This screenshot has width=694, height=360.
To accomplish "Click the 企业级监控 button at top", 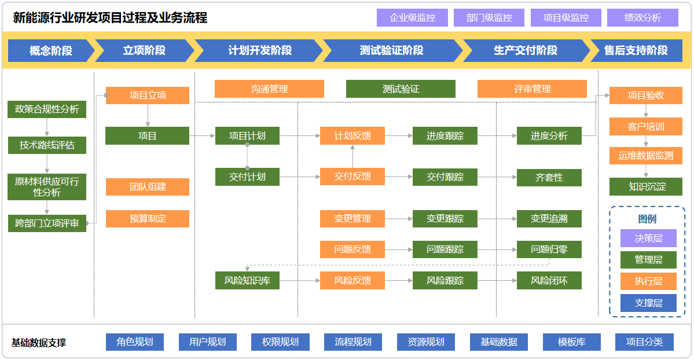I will point(412,18).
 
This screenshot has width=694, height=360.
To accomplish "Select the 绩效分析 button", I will point(642,18).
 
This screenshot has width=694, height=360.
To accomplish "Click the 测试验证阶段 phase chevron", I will point(391,50).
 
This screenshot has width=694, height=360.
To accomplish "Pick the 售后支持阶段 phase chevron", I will point(636,50).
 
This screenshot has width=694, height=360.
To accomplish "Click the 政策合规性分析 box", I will point(47,109).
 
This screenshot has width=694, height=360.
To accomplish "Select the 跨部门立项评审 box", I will point(47,223).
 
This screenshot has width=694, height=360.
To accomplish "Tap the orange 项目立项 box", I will point(148,95).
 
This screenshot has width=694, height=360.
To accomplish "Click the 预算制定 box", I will point(148,219).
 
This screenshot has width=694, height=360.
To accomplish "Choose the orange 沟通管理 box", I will point(269,89).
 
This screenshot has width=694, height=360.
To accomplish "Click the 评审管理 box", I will point(532,89).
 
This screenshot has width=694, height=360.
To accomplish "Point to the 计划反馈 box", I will point(352,136).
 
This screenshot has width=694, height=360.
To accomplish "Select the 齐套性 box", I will point(549,177).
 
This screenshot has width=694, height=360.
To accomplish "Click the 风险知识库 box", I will point(247,281).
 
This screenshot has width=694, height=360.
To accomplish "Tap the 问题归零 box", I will point(549,249).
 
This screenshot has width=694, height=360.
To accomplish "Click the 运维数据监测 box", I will point(645,156).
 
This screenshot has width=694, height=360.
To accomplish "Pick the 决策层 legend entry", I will point(648,238).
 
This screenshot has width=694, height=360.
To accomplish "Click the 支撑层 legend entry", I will point(648,303).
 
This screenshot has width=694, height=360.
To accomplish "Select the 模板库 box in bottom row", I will point(571,342).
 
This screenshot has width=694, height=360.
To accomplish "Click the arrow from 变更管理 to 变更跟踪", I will point(398,219).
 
